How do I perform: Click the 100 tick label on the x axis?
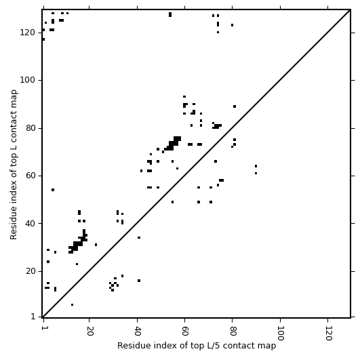coord(280,333)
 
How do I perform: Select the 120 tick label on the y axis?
coord(27,33)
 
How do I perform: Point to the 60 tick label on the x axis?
coord(185,331)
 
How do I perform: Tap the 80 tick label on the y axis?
coord(31,128)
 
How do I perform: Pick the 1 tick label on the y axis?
coord(33,317)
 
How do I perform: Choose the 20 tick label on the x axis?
coord(89,331)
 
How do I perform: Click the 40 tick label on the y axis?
coord(31,223)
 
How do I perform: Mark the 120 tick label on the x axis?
coord(328,333)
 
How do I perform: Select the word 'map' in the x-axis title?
coord(268,346)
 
